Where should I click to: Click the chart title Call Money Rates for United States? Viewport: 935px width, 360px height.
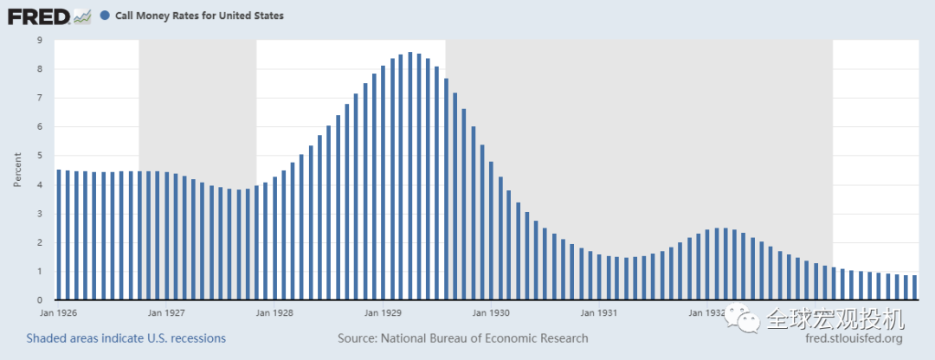coord(199,16)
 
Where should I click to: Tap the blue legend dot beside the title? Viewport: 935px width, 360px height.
coord(105,16)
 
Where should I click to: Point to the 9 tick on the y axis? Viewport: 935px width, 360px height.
coord(39,40)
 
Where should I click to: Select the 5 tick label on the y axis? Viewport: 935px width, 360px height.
coord(39,156)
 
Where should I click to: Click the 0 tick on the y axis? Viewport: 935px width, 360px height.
coord(39,300)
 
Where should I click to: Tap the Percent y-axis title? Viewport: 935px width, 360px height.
coord(17,170)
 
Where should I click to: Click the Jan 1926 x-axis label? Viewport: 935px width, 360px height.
coord(58,312)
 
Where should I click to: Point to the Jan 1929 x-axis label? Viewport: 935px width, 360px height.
coord(383,312)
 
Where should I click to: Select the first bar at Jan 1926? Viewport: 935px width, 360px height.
coord(59,235)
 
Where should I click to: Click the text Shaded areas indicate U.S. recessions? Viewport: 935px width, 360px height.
coord(126,338)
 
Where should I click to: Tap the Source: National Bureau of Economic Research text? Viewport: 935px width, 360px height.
coord(462,338)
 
